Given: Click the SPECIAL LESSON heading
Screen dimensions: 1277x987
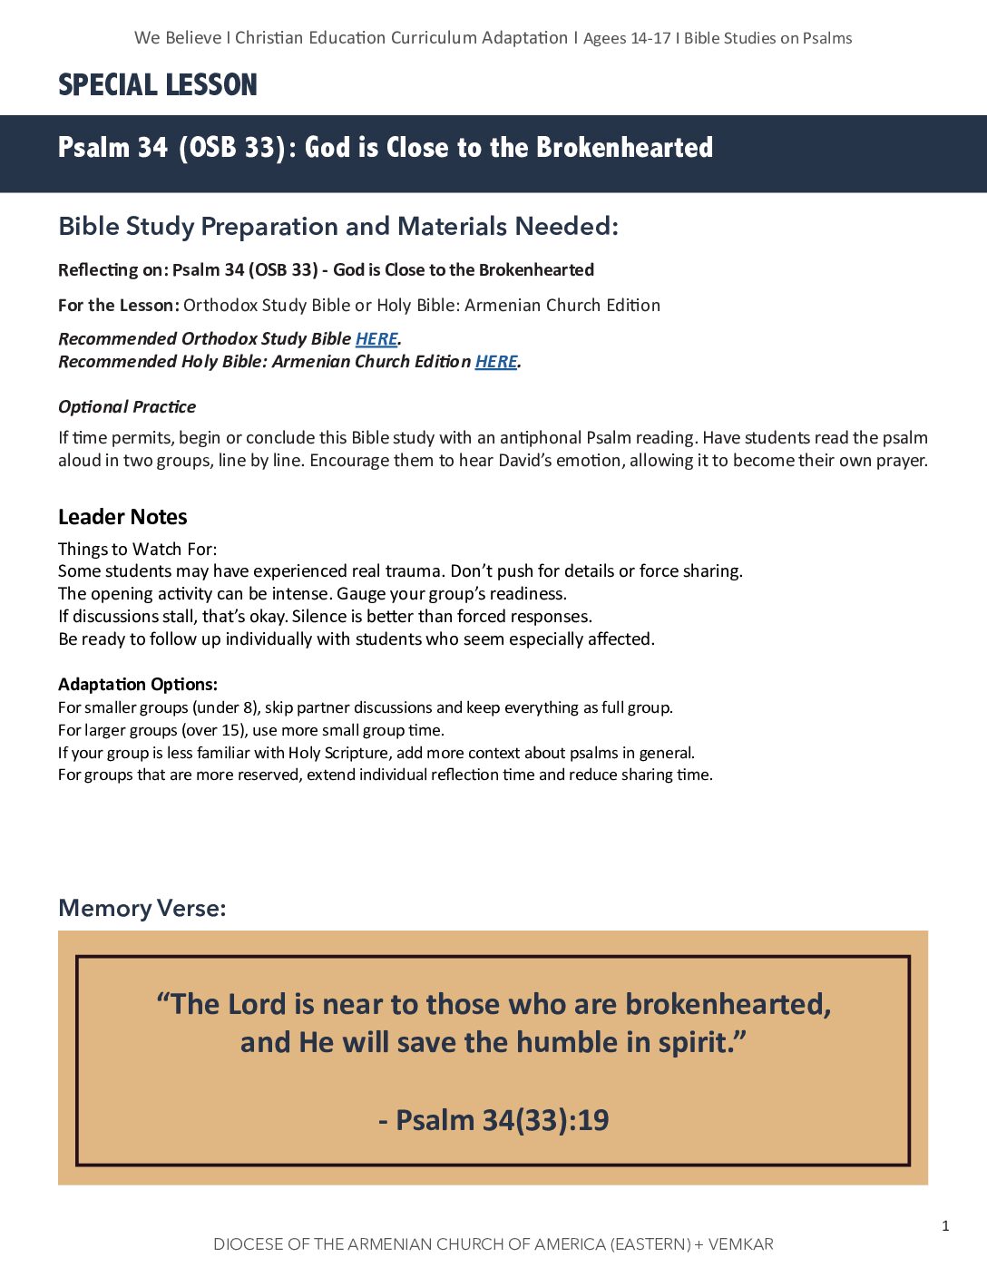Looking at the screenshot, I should tap(158, 85).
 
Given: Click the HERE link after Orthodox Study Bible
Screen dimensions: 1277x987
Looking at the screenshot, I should tap(376, 338).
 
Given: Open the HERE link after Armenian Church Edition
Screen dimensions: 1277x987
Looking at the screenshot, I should tap(496, 361).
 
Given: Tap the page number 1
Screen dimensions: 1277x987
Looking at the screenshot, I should tap(945, 1226).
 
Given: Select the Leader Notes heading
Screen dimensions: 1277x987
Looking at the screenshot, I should tap(122, 517).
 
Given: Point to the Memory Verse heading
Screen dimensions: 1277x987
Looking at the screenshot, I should tap(142, 908).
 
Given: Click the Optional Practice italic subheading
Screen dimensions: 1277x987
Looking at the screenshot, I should tap(127, 406).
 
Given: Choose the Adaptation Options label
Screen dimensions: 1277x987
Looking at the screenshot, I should tap(138, 684).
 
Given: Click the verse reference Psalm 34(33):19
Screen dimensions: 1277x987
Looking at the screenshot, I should tap(493, 1120).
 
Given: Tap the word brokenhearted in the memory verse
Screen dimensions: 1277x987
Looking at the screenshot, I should tap(728, 1004).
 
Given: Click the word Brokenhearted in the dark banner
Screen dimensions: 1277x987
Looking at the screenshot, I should tap(624, 147).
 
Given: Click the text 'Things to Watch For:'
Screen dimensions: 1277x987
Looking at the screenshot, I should tap(138, 549).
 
